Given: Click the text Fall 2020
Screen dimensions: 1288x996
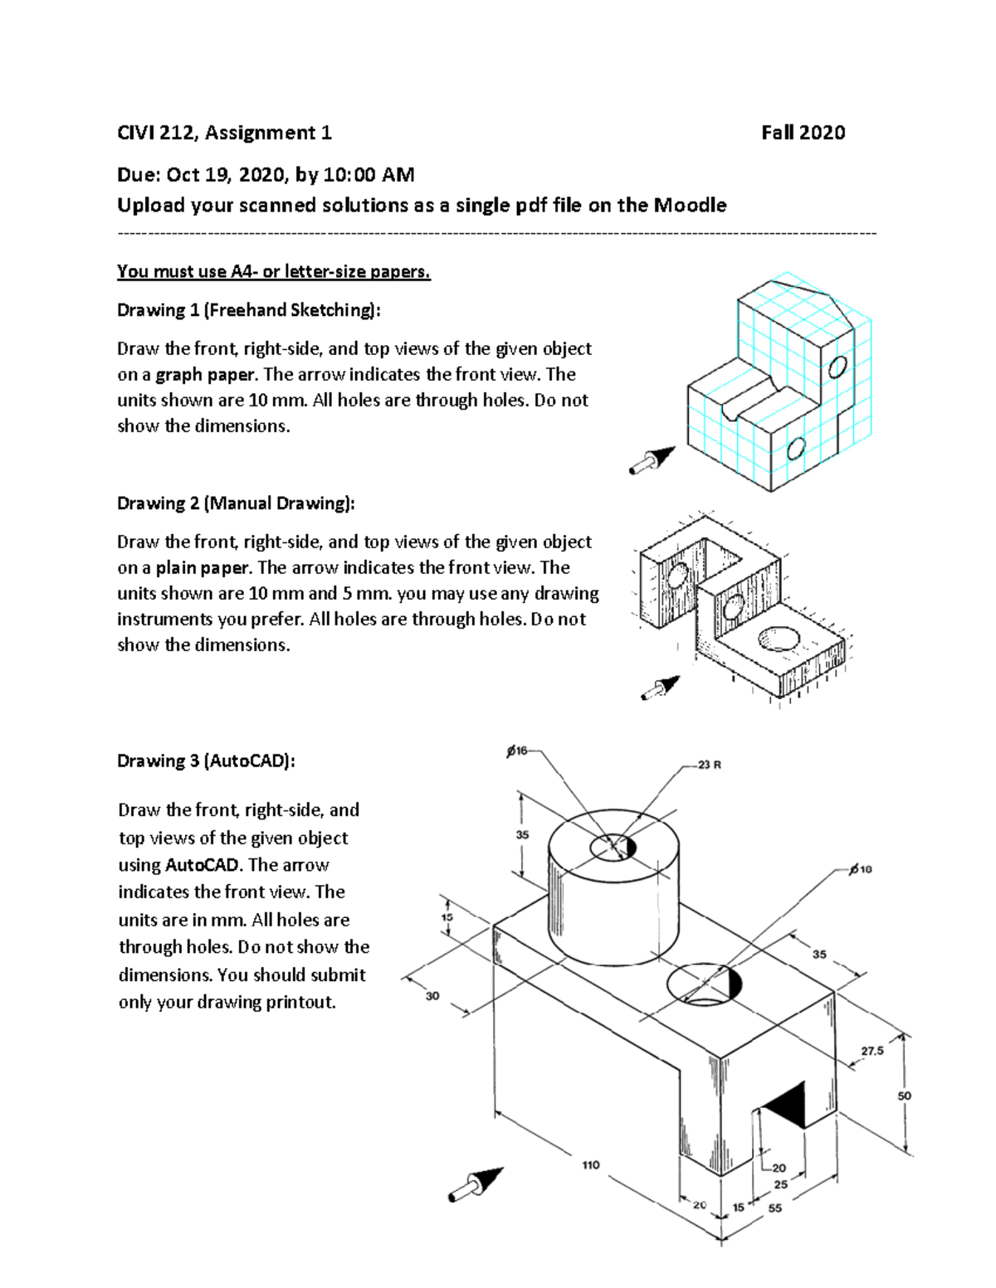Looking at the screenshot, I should tap(803, 133).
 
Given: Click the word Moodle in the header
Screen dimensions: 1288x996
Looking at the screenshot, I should tap(690, 205).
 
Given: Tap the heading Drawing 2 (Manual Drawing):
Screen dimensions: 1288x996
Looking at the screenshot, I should tap(236, 503).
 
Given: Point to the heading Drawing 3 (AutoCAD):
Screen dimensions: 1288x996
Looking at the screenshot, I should tap(206, 761).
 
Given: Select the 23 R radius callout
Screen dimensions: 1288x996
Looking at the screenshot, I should tap(709, 765).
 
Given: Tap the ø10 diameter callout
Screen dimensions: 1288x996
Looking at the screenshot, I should tap(861, 869).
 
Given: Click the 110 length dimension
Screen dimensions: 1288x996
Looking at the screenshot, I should tap(590, 1165).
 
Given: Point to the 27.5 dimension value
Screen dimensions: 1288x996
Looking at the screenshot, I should tap(871, 1051).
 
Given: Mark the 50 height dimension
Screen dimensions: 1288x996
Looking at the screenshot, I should tap(904, 1096).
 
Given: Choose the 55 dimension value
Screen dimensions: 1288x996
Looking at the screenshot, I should tap(774, 1208).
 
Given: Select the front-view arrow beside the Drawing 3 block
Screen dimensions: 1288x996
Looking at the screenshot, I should tap(476, 1184).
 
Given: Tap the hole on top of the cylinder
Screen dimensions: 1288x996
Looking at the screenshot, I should tap(613, 847).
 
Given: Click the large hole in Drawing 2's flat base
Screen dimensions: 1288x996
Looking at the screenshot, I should tap(779, 639).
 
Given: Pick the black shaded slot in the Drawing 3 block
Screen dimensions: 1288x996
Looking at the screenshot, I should tap(785, 1105).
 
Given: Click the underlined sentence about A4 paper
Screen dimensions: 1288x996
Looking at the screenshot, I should tap(274, 271).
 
